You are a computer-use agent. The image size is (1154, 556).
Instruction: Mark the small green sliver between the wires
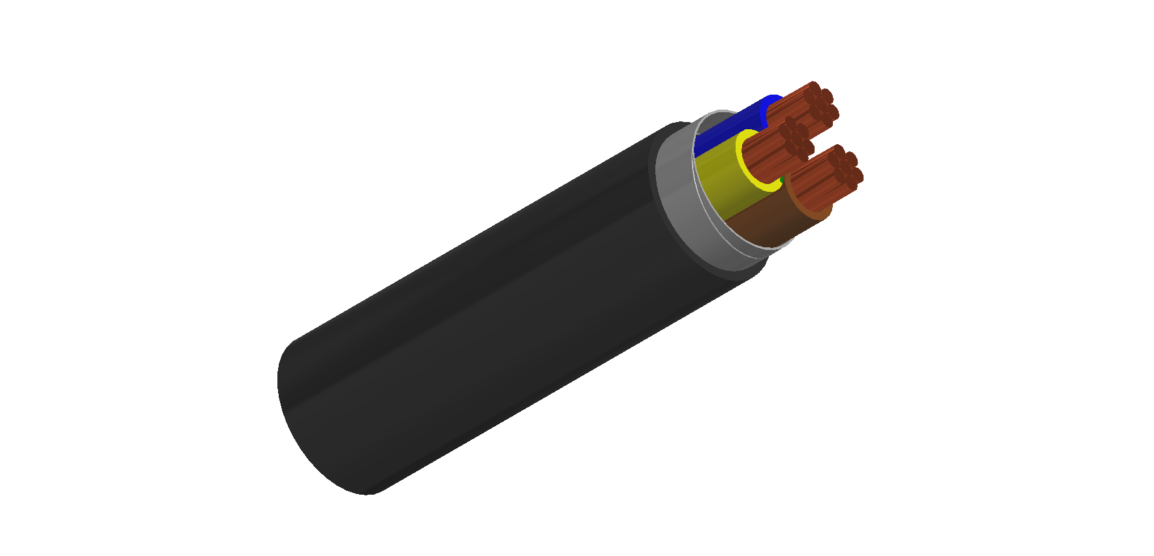click(783, 178)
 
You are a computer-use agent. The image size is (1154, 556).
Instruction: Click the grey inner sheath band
click(679, 196)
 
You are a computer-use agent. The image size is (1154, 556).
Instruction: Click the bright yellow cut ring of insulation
click(751, 176)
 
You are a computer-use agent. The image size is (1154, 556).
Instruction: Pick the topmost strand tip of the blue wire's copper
click(813, 87)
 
